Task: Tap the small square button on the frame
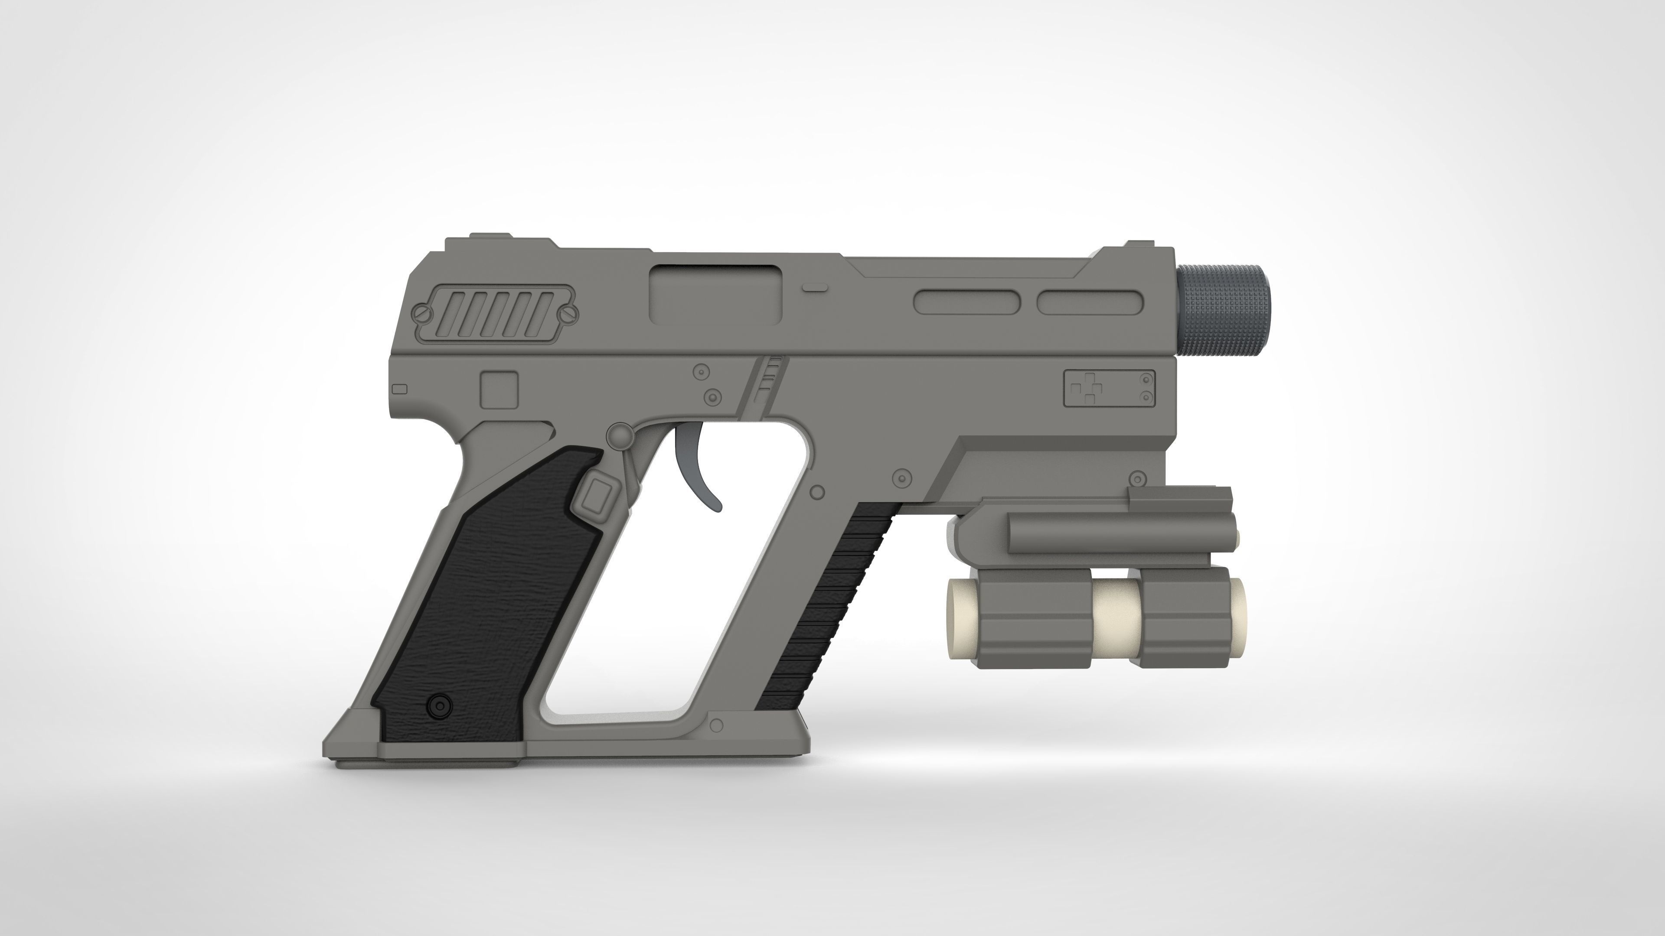(499, 389)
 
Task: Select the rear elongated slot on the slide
(967, 302)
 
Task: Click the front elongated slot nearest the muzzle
(1090, 302)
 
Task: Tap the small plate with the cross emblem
(1109, 388)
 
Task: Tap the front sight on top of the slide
(1136, 244)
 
